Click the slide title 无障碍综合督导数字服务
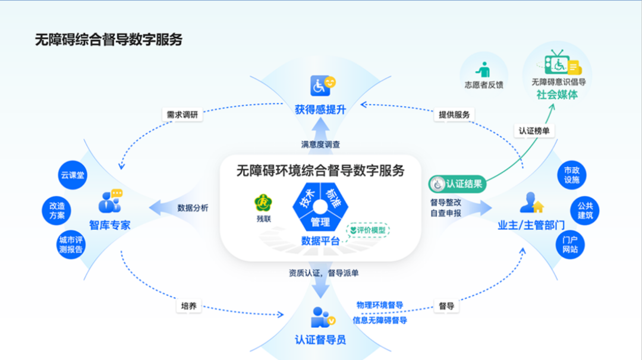[x=109, y=40]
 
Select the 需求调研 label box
[x=181, y=114]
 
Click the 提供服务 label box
[x=455, y=114]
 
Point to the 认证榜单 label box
[x=533, y=131]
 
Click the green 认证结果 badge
[x=458, y=184]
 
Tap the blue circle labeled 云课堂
[x=73, y=175]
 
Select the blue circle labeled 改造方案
[x=58, y=211]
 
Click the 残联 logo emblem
[x=263, y=203]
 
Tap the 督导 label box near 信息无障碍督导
[x=446, y=307]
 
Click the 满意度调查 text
[x=320, y=144]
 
